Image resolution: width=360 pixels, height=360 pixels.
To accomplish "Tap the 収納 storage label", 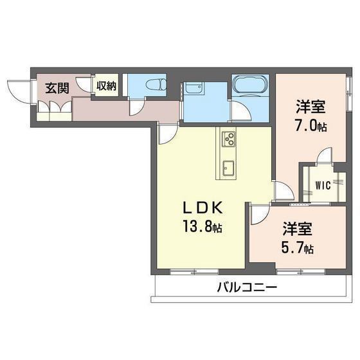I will tap(106, 85).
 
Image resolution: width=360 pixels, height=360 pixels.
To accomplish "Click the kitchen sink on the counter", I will tap(229, 168).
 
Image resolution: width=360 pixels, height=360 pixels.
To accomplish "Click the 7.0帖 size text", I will tap(311, 126).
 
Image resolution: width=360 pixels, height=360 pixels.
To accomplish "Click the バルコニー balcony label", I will tap(246, 287).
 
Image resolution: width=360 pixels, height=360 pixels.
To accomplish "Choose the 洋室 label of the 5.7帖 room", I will tap(298, 229).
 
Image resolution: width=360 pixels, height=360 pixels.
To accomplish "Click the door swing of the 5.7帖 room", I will tap(258, 214).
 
